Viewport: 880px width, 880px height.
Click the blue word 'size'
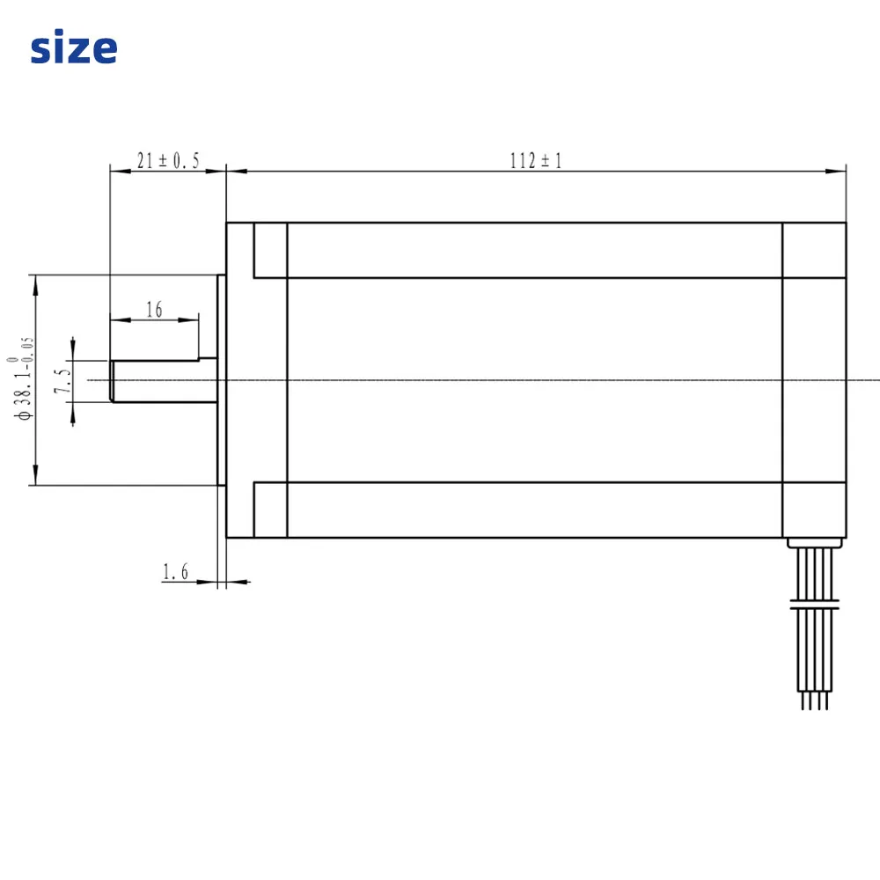click(74, 48)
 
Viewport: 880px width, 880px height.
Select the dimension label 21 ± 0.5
click(168, 160)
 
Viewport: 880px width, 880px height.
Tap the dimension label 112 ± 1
click(535, 160)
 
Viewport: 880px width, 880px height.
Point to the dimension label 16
click(154, 309)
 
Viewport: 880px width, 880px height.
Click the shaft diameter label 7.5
click(62, 381)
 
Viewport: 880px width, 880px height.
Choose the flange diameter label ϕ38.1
click(23, 378)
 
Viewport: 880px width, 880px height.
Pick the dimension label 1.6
click(175, 572)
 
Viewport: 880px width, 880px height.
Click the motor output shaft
click(164, 380)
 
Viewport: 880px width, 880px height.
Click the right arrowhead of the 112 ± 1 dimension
click(836, 172)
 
